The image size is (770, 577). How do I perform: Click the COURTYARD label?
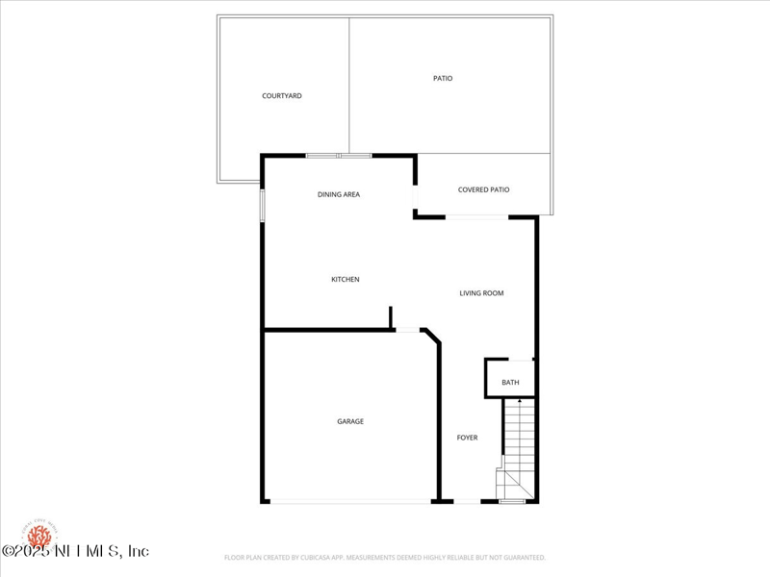click(282, 96)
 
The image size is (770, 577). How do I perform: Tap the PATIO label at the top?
click(443, 79)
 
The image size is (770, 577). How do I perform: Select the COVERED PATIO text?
click(483, 190)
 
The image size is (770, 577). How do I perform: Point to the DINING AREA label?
click(339, 195)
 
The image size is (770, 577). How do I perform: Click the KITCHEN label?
click(346, 280)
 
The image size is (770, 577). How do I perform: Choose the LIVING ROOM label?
click(481, 293)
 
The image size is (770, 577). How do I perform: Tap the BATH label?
click(510, 383)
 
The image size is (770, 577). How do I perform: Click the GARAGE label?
click(350, 421)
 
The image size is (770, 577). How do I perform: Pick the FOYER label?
click(467, 439)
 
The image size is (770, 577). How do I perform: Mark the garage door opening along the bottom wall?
click(350, 501)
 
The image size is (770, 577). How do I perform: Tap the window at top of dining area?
click(339, 155)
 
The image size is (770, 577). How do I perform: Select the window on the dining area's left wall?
click(262, 205)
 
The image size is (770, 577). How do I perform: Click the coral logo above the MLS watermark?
click(40, 534)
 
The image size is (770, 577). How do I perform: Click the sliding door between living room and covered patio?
click(476, 217)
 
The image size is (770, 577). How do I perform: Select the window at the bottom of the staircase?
click(512, 501)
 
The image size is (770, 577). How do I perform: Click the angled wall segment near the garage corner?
click(430, 336)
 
